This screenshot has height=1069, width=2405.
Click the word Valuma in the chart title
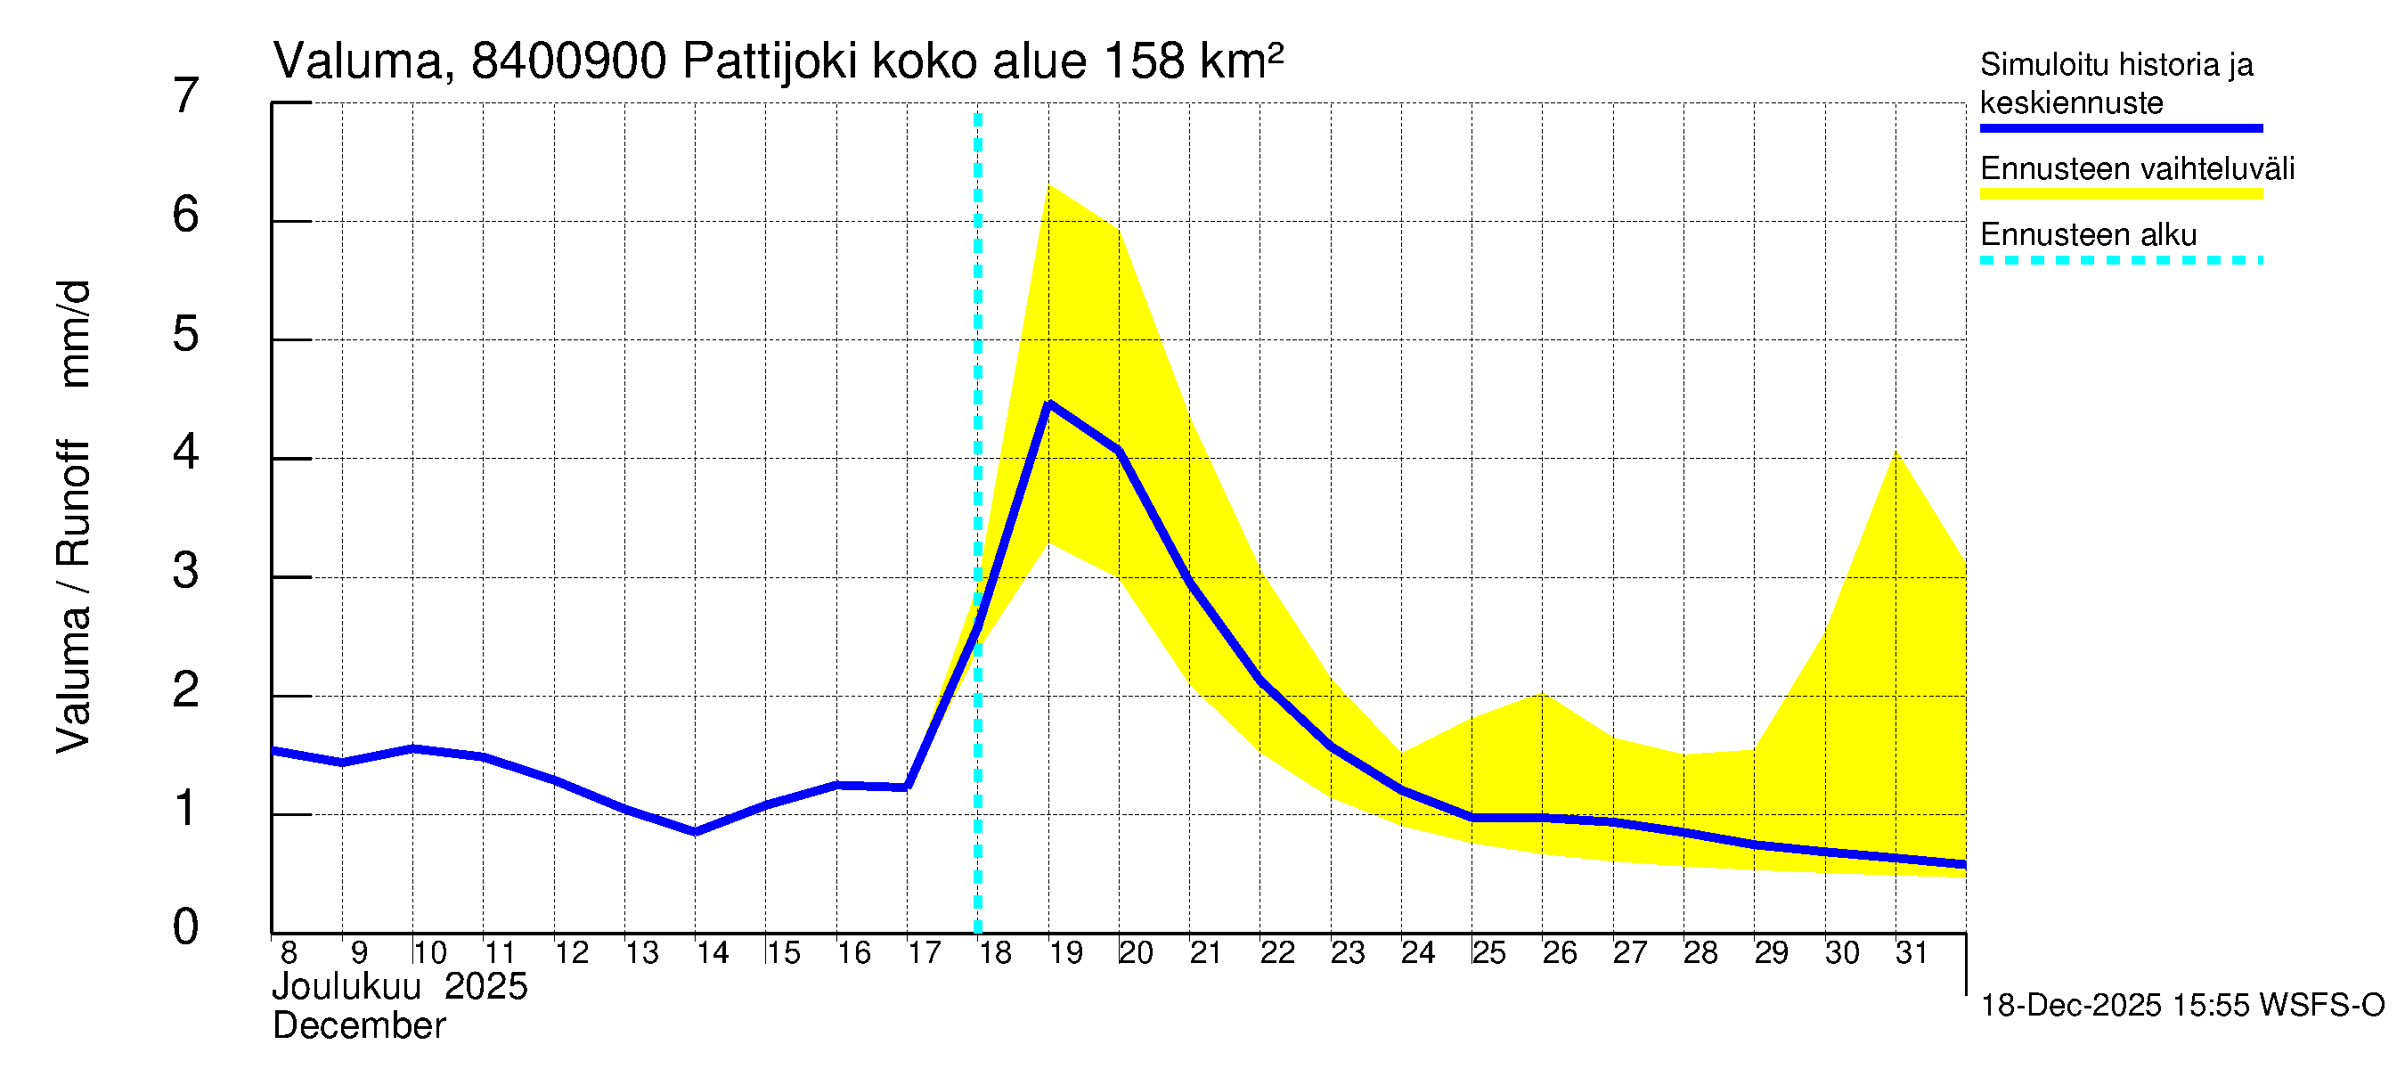point(356,61)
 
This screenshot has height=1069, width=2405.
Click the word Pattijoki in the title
point(770,61)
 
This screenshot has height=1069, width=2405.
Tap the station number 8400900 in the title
point(568,61)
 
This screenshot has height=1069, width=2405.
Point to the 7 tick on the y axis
point(186,96)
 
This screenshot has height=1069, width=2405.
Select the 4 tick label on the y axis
point(186,453)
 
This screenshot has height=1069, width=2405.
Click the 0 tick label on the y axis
point(186,927)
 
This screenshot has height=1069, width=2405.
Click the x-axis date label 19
point(1065,952)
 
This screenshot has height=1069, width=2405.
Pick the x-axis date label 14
point(712,952)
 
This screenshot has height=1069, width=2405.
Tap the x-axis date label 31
point(1912,952)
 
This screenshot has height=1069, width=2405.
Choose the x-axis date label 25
point(1488,952)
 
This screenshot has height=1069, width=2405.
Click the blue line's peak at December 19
point(1049,404)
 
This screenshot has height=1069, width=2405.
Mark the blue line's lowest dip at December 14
point(696,831)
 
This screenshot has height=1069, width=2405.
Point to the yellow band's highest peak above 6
point(1049,185)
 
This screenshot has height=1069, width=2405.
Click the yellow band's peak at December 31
point(1896,453)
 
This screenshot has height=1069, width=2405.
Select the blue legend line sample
point(2120,128)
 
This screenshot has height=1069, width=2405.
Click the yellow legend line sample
point(2120,194)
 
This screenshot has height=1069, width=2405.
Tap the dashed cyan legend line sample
point(2120,260)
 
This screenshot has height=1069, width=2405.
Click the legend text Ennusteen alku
point(2088,234)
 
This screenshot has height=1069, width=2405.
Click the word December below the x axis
point(358,1026)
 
